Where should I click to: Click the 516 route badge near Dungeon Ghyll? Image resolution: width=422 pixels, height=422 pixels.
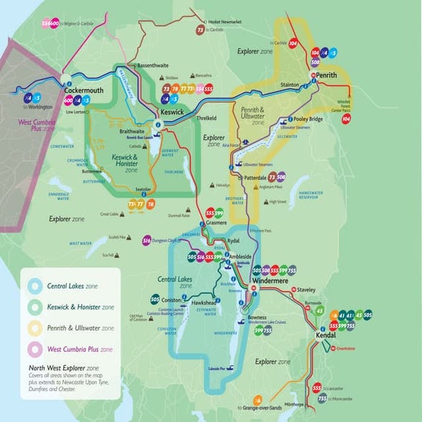click(x=147, y=240)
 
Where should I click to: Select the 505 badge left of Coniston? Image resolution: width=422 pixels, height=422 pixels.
click(x=155, y=299)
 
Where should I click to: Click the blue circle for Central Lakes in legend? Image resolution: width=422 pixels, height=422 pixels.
click(x=35, y=286)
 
